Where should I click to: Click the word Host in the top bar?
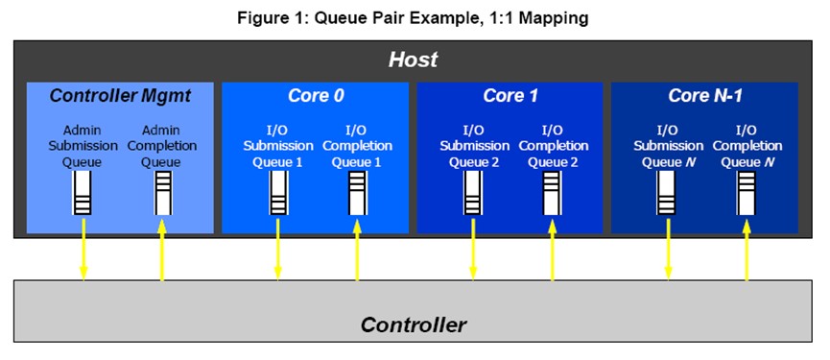click(413, 60)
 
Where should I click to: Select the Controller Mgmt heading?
click(120, 96)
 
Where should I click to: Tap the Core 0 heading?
click(316, 96)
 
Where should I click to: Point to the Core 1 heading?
click(510, 96)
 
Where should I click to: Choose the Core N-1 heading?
click(705, 96)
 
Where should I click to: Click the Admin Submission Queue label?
click(83, 146)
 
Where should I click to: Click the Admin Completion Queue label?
click(162, 146)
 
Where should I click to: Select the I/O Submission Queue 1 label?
click(278, 146)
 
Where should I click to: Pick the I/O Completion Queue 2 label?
click(552, 146)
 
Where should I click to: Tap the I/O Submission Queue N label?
click(667, 146)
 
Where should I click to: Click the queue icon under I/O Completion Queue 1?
click(357, 193)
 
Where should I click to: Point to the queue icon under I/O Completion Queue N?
click(747, 193)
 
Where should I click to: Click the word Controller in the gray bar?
click(414, 324)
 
